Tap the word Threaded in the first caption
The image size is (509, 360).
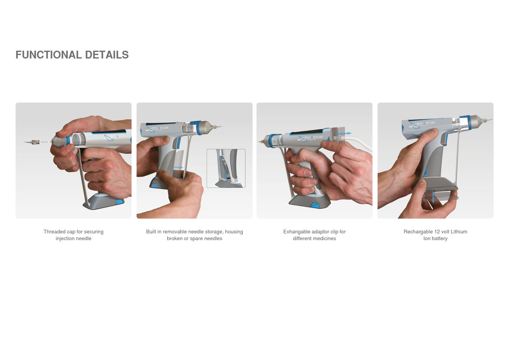pos(54,231)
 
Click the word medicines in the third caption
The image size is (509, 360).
pos(324,238)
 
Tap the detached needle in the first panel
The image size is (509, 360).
pos(32,142)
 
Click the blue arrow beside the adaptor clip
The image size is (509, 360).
pos(344,133)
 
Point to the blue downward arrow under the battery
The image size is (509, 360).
pos(433,198)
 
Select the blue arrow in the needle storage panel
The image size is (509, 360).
pos(178,167)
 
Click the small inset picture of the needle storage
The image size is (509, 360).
pos(226,168)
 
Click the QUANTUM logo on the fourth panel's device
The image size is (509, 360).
pos(422,124)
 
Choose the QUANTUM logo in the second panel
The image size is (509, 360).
pos(157,129)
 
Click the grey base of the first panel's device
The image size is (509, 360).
pos(104,201)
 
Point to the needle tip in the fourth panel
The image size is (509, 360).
pos(492,119)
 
